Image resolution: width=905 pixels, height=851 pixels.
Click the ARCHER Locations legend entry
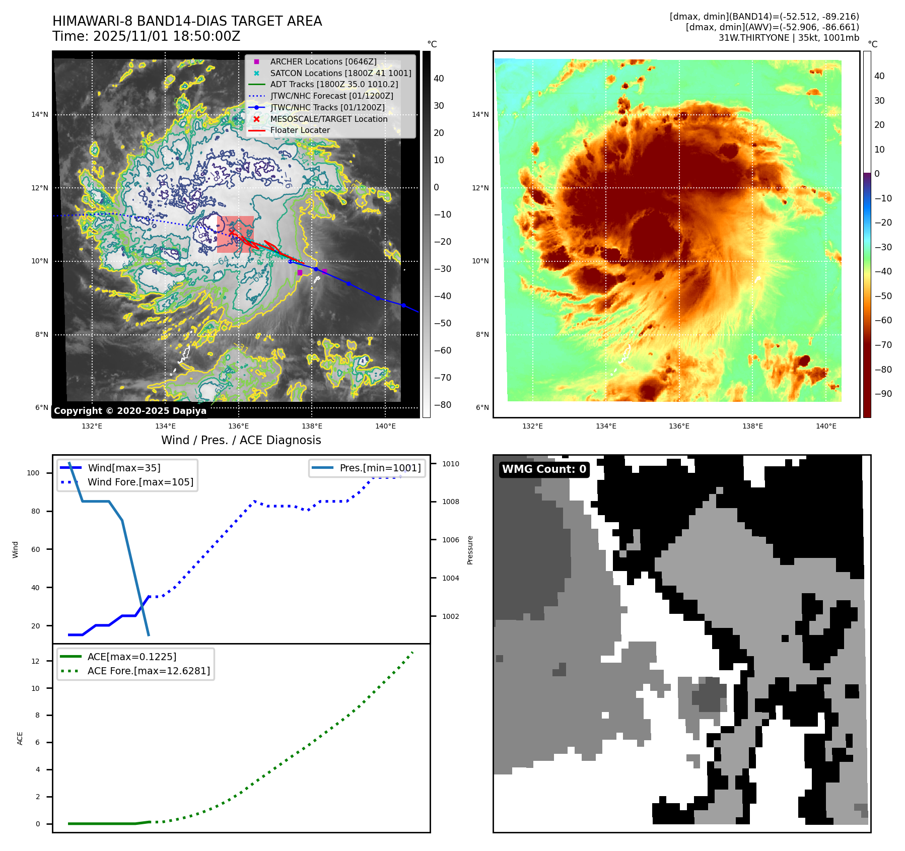tap(323, 61)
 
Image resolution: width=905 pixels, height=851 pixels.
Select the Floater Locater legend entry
tap(300, 130)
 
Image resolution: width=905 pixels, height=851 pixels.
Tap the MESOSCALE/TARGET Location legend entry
tap(328, 119)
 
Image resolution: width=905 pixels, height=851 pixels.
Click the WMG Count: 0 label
tap(544, 469)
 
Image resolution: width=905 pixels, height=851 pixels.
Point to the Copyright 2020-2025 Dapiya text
tap(130, 411)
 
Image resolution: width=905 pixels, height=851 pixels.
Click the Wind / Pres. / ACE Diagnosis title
tap(241, 440)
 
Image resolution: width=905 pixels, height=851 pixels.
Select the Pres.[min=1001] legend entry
tap(380, 468)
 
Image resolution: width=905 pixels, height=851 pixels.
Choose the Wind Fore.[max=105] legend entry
tap(140, 482)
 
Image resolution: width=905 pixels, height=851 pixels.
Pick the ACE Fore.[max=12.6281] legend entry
tap(148, 671)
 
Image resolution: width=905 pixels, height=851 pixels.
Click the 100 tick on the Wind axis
tap(33, 473)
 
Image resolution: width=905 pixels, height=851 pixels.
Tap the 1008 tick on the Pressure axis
tap(450, 502)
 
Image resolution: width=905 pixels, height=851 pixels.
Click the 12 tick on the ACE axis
tap(35, 661)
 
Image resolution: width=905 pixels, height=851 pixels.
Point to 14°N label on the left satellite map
tap(40, 114)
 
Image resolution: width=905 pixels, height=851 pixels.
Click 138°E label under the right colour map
tap(752, 426)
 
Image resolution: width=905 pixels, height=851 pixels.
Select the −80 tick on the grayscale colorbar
tap(443, 405)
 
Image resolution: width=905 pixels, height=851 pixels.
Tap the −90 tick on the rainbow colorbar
tap(883, 394)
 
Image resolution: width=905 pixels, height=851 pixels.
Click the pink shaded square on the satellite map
tap(235, 234)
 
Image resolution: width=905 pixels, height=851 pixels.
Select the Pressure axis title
tap(470, 550)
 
